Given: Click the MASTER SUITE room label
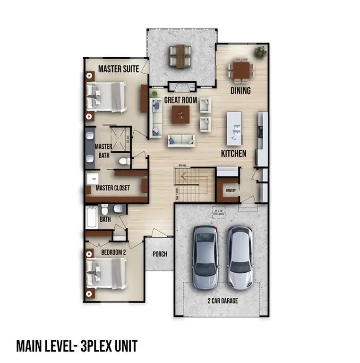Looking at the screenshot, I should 118,69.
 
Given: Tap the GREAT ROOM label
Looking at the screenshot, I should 180,100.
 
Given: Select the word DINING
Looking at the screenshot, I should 240,90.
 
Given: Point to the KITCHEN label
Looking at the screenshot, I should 234,154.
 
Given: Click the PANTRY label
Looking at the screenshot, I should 231,191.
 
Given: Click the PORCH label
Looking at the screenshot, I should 160,254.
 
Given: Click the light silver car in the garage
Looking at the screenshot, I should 240,258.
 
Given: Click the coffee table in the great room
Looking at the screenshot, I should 180,114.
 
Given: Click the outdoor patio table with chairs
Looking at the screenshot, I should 180,55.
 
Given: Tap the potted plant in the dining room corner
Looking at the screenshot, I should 259,52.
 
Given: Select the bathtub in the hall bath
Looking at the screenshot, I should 92,218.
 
